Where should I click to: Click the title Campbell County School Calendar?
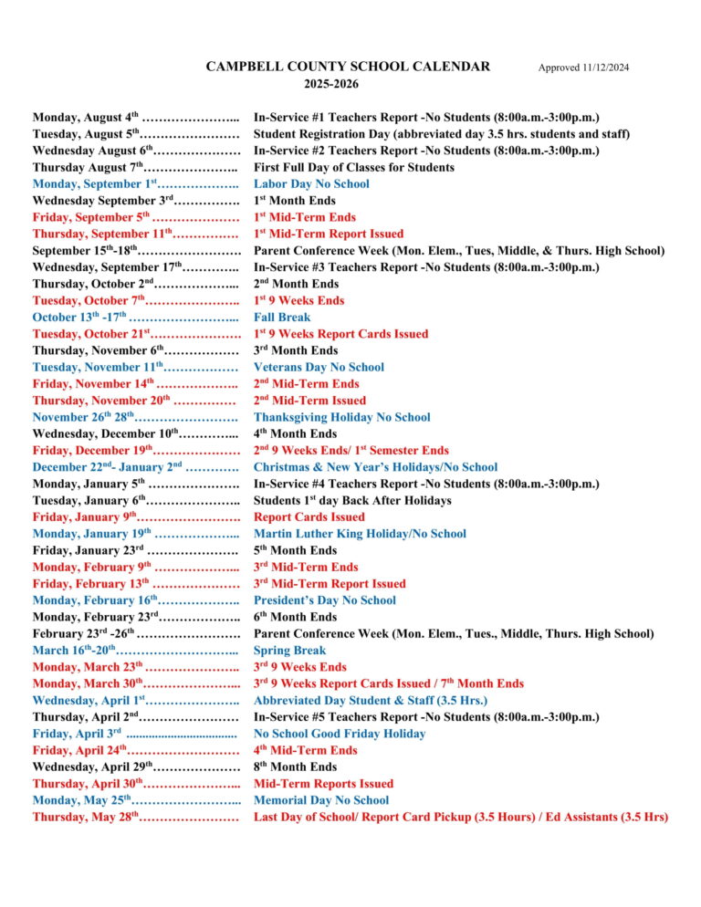[348, 67]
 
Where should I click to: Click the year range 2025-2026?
[330, 84]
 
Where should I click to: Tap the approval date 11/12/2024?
[583, 68]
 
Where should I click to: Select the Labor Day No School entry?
[311, 184]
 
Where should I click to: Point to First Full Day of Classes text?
[353, 168]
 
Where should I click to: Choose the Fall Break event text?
[282, 318]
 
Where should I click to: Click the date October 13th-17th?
[79, 318]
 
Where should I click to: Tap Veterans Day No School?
[319, 368]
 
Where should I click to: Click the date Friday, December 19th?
[92, 451]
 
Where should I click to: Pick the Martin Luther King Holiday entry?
[360, 534]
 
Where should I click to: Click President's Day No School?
[324, 600]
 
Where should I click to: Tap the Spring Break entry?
[289, 651]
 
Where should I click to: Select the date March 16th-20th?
[72, 651]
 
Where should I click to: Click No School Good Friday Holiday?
[340, 734]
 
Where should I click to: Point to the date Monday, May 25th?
[83, 800]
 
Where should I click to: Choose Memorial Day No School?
[320, 800]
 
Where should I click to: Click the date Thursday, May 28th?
[85, 817]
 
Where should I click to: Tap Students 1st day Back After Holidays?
[352, 501]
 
